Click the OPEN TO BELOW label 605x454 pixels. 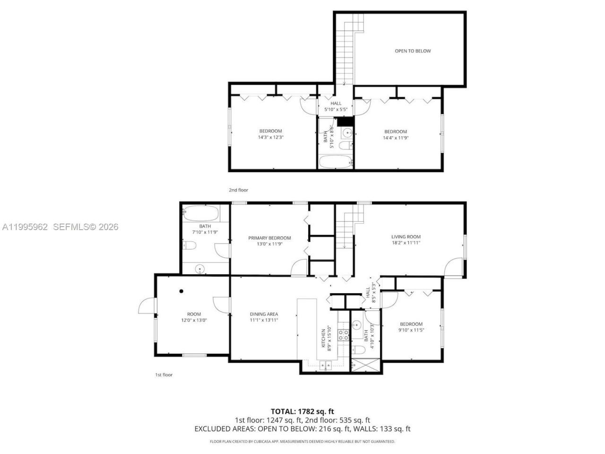(413, 51)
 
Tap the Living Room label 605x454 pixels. (406, 237)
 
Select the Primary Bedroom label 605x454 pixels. (269, 238)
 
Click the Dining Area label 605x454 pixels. (264, 314)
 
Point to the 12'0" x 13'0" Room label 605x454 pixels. (194, 317)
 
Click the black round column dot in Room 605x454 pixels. (181, 291)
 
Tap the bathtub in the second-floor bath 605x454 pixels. (335, 162)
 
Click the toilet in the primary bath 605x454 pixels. (190, 245)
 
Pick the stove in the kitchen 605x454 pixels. (344, 335)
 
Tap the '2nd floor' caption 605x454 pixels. (238, 190)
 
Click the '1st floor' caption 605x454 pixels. (164, 375)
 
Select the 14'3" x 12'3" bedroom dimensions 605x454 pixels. (270, 137)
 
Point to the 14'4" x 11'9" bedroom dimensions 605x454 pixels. (395, 138)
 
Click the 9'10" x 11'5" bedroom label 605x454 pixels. (410, 327)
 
